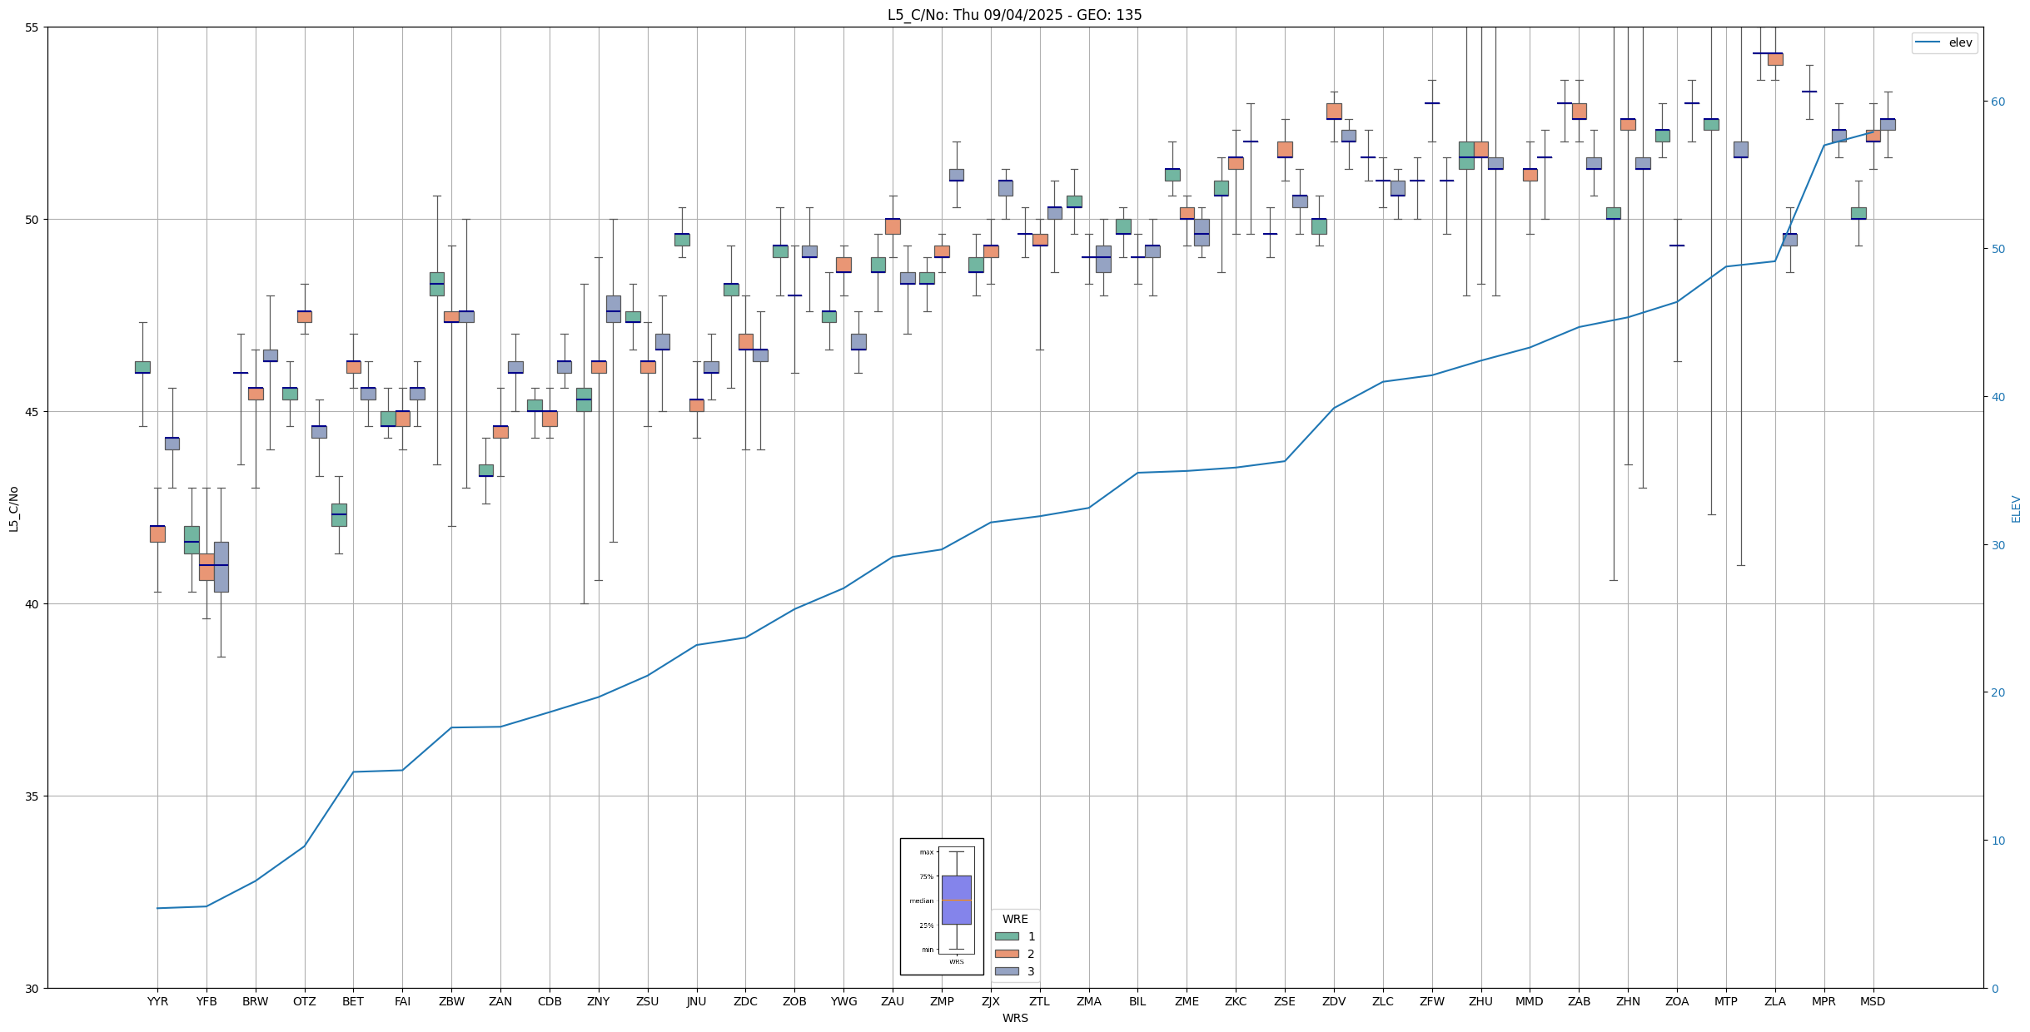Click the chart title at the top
tap(1014, 15)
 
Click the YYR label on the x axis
tap(157, 1001)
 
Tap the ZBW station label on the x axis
tap(451, 1001)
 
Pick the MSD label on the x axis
tap(1873, 1001)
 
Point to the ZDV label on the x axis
tap(1334, 1001)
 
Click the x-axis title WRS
tap(1015, 1018)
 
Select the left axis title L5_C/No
tap(13, 509)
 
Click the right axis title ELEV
tap(2016, 509)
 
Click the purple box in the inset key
tap(956, 900)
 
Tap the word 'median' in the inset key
tap(921, 901)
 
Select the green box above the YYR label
tap(142, 367)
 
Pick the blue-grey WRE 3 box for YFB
tap(221, 567)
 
